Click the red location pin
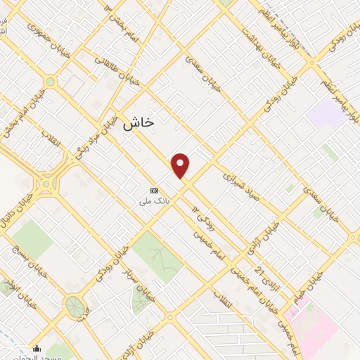click(181, 165)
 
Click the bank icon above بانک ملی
click(155, 191)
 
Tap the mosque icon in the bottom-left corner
click(37, 348)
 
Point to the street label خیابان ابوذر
click(10, 287)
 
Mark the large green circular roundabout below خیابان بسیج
click(73, 306)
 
